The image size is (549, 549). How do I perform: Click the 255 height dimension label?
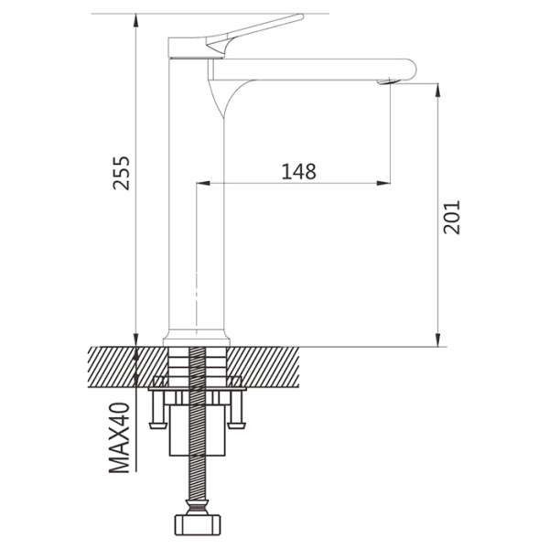[x=122, y=173]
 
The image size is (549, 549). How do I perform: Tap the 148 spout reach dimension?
[x=298, y=172]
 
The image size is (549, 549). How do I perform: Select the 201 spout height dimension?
[x=451, y=217]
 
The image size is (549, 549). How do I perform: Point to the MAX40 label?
[x=120, y=437]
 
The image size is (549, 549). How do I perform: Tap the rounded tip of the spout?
[x=413, y=70]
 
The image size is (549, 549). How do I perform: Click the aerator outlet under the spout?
[x=388, y=82]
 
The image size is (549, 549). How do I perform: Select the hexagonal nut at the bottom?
[x=198, y=525]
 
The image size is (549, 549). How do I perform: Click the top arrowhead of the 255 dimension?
[x=135, y=20]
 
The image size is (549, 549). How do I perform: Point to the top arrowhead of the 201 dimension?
[x=437, y=90]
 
